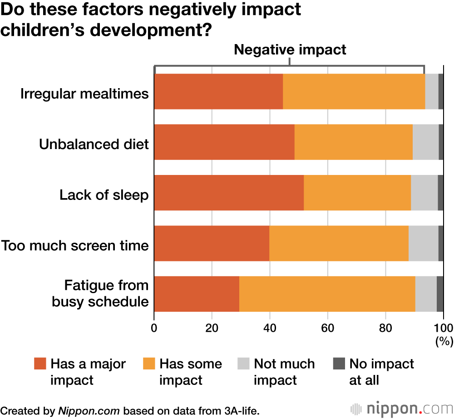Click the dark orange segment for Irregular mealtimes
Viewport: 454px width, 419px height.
point(218,92)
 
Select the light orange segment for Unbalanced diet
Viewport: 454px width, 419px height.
point(353,142)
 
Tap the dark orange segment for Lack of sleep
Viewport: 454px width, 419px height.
point(229,193)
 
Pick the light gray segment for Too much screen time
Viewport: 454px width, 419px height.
point(423,243)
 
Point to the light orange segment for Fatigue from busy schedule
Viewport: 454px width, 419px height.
point(327,294)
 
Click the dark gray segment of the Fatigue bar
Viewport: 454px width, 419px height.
point(440,294)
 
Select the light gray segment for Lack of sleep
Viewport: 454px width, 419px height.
point(424,193)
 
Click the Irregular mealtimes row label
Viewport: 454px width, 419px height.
point(85,94)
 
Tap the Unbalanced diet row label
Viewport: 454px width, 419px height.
point(94,145)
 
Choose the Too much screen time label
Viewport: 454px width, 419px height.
point(75,245)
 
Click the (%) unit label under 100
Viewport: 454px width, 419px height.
point(444,341)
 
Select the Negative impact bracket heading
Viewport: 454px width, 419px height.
point(290,49)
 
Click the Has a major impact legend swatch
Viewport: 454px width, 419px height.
point(40,364)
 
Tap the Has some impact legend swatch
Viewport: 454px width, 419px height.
point(149,364)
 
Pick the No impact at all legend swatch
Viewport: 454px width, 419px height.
point(339,364)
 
